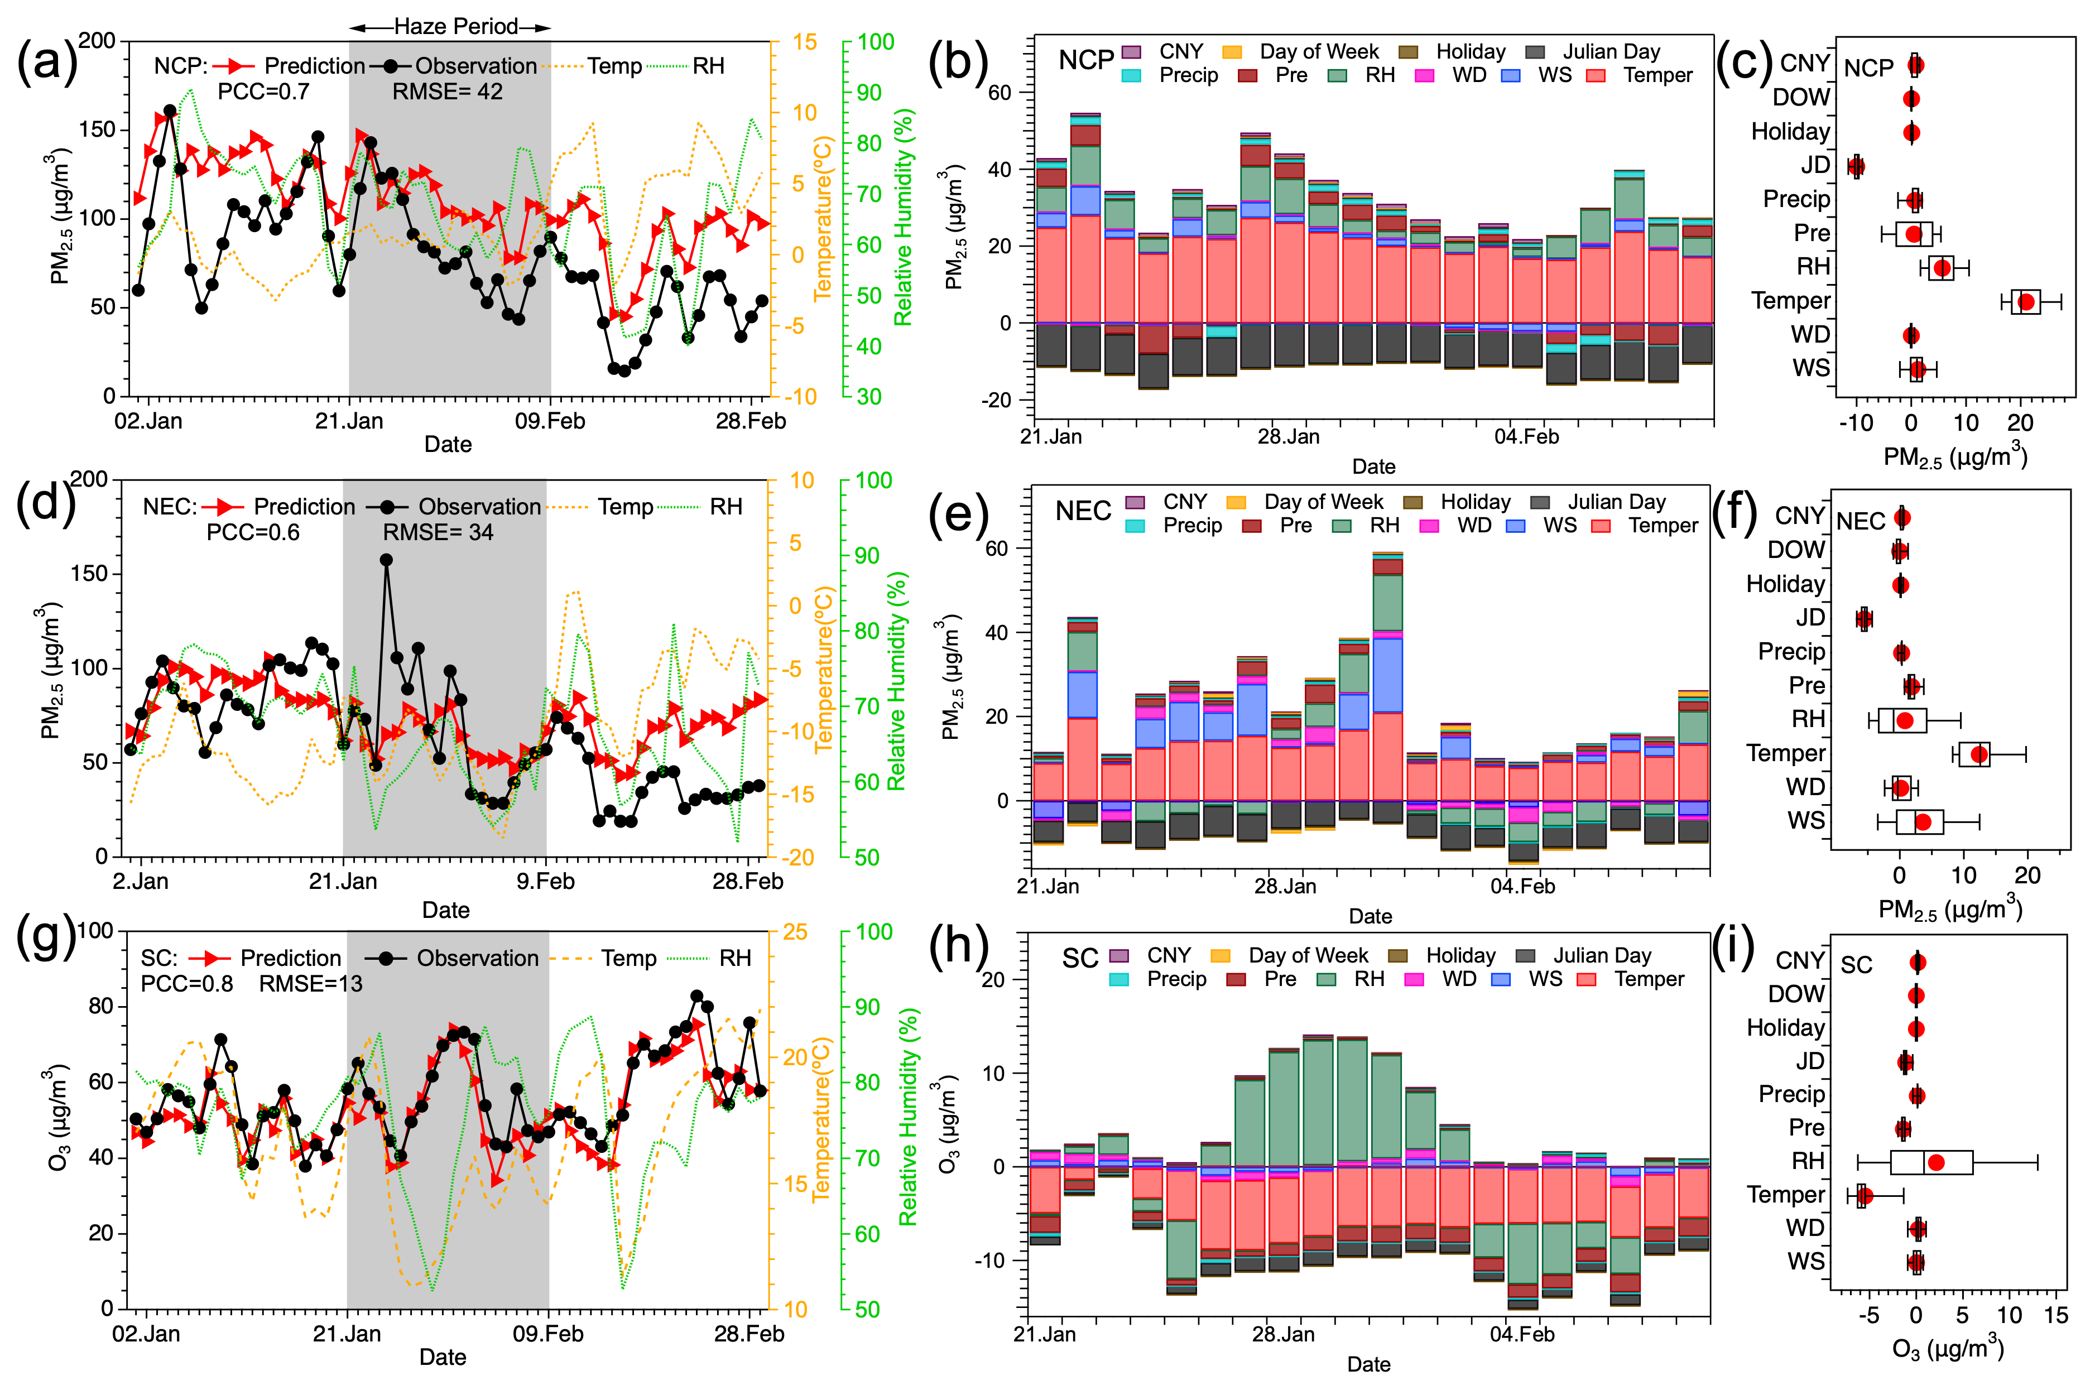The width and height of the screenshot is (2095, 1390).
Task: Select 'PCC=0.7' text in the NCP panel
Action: pos(263,92)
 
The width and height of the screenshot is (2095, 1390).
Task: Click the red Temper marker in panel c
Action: pos(2026,302)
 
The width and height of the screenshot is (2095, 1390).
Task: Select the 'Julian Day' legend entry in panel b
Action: pos(1610,51)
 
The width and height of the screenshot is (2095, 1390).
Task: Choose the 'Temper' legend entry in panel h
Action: pos(1649,979)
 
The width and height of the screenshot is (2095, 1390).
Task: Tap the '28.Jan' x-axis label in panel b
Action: pos(1288,437)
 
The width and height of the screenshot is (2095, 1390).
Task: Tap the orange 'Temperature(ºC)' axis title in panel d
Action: pos(824,669)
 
